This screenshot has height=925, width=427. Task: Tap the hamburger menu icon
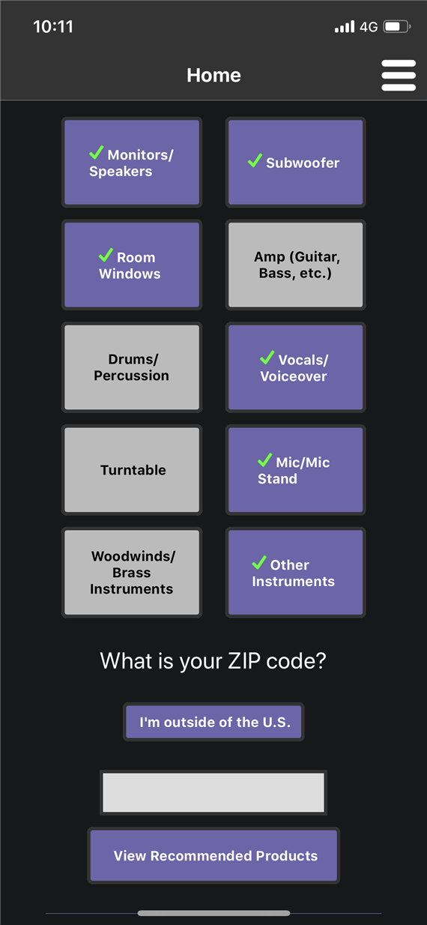click(x=398, y=75)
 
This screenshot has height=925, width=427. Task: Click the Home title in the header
click(x=213, y=75)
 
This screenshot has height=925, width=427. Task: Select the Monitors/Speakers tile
click(x=132, y=163)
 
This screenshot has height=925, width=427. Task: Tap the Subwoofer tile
click(x=295, y=163)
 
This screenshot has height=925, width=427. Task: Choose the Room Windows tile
click(x=132, y=265)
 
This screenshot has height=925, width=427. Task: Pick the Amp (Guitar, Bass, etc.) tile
click(x=295, y=265)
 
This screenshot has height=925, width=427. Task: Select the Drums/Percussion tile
click(x=132, y=367)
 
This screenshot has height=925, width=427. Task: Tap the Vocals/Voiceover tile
click(x=295, y=367)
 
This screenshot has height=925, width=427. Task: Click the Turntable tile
click(x=132, y=469)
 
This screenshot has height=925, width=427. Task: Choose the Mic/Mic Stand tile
click(x=295, y=469)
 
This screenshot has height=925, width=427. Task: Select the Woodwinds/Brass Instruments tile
click(x=132, y=573)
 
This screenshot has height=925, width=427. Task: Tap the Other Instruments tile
click(x=295, y=573)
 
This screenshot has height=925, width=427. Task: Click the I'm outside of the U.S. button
click(x=213, y=722)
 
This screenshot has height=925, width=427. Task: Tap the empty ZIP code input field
click(x=213, y=792)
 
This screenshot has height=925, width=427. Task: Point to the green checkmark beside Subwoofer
click(x=255, y=160)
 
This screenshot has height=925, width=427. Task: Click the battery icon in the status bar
click(x=396, y=27)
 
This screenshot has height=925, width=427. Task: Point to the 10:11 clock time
click(x=53, y=27)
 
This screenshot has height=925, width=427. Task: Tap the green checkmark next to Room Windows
click(x=106, y=255)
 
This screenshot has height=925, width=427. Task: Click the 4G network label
click(x=369, y=27)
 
